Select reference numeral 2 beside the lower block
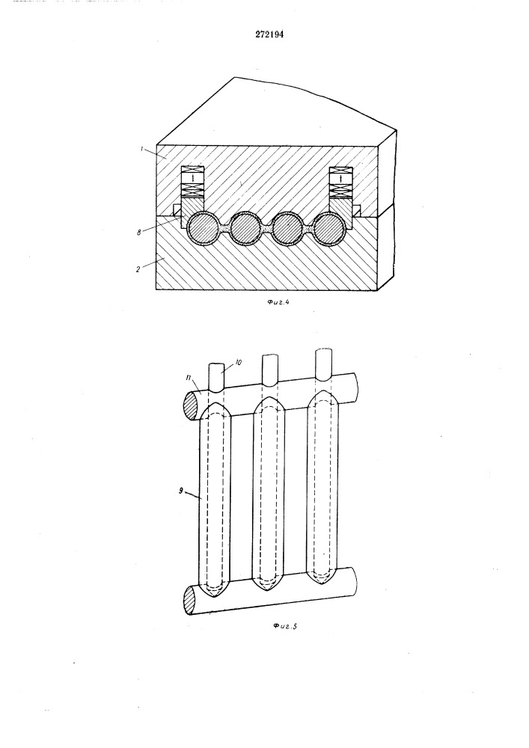(137, 269)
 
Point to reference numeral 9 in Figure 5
(181, 491)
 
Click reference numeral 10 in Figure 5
(239, 363)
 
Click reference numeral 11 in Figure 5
(189, 378)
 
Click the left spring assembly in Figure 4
(193, 182)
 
